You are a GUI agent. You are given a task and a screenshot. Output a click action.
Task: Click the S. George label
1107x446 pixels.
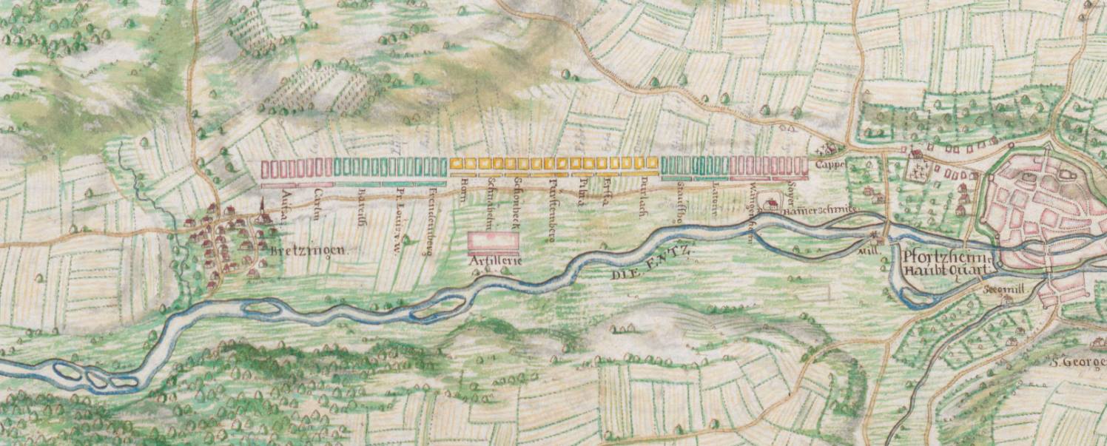(1077, 362)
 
